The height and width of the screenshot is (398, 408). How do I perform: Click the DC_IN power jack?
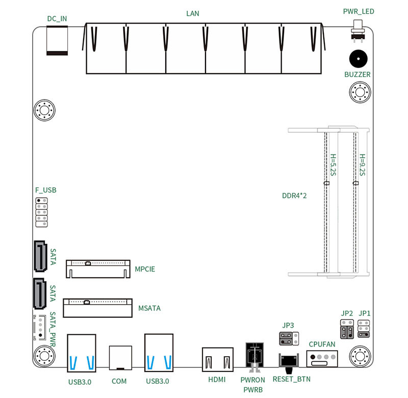(57, 39)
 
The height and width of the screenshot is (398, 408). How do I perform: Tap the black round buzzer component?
(358, 59)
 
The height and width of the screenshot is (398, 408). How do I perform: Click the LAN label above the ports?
(193, 13)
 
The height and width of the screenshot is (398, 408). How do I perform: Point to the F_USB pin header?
(41, 212)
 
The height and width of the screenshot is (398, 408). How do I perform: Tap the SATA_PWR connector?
(39, 329)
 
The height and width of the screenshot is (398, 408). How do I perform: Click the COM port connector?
(121, 357)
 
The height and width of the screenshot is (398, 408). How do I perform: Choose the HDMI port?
(218, 361)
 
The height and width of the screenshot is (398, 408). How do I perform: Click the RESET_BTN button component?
(290, 361)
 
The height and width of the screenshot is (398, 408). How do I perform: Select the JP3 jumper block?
(288, 337)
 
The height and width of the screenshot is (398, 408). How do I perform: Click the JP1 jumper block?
(364, 329)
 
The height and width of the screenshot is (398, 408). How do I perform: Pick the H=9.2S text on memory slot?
(362, 165)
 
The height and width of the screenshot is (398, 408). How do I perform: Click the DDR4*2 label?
(294, 195)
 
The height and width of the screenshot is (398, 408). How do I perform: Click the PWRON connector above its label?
(254, 355)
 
